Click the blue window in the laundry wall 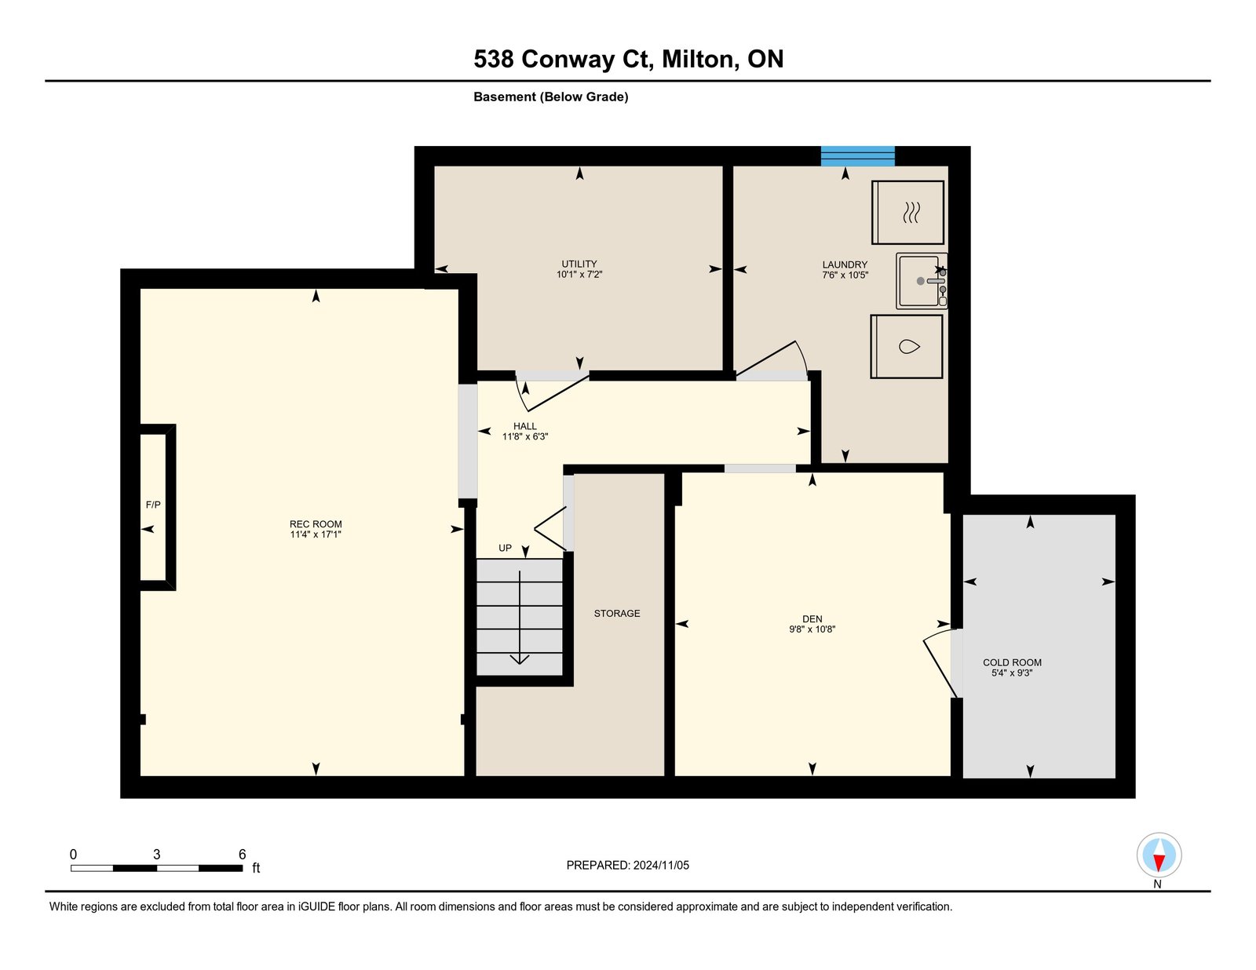pyautogui.click(x=858, y=156)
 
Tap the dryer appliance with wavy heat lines pyautogui.click(x=907, y=212)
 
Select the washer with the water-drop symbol pyautogui.click(x=907, y=346)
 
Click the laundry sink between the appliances pyautogui.click(x=922, y=281)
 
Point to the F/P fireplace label pyautogui.click(x=153, y=505)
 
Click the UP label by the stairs pyautogui.click(x=505, y=548)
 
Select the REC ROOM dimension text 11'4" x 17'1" pyautogui.click(x=316, y=534)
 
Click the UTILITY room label pyautogui.click(x=579, y=264)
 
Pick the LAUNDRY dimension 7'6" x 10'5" pyautogui.click(x=845, y=275)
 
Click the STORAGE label pyautogui.click(x=617, y=614)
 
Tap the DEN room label pyautogui.click(x=812, y=618)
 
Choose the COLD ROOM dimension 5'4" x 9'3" pyautogui.click(x=1012, y=673)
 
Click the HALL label pyautogui.click(x=525, y=426)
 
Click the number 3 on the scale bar pyautogui.click(x=157, y=855)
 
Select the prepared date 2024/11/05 pyautogui.click(x=661, y=866)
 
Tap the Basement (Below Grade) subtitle pyautogui.click(x=551, y=97)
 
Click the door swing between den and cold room pyautogui.click(x=941, y=665)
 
